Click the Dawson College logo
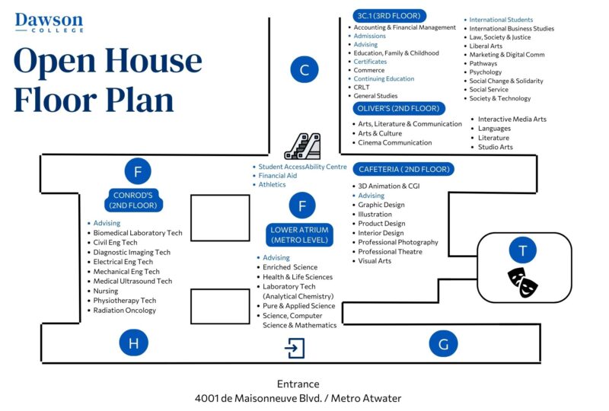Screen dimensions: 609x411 tap(49, 23)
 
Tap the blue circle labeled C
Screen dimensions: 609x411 tap(304, 69)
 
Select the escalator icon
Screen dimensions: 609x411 tap(303, 146)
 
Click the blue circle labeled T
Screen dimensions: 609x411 tap(523, 250)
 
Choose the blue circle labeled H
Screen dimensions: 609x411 tap(134, 342)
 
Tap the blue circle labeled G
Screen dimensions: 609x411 tap(443, 343)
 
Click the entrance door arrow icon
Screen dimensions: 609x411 tap(295, 348)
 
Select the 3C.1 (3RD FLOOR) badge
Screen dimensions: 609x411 tap(389, 16)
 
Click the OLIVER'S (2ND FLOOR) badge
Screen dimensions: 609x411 tap(398, 108)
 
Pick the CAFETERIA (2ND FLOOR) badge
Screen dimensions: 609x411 tap(404, 169)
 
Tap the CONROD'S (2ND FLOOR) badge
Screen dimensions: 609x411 tap(133, 200)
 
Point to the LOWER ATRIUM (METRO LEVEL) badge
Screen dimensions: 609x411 tap(299, 234)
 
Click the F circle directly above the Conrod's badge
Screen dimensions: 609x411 tap(138, 171)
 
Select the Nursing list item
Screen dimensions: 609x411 tap(106, 291)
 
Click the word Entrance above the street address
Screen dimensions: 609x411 tap(298, 384)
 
